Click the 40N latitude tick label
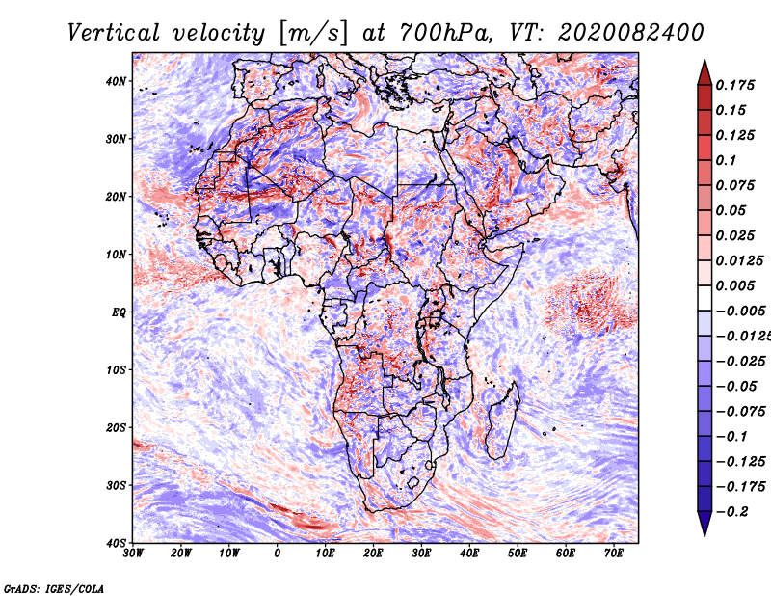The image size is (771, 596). (116, 81)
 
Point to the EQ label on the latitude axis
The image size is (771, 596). (119, 312)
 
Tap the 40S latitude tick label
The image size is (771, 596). (116, 543)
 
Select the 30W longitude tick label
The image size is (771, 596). (133, 554)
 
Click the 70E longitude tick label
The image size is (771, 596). (614, 554)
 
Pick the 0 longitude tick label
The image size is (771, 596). (278, 554)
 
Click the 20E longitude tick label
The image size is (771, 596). (373, 554)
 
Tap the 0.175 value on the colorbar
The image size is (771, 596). (735, 85)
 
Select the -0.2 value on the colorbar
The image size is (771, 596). (731, 512)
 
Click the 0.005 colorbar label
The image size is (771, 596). (735, 285)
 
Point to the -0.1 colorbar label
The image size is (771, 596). (731, 437)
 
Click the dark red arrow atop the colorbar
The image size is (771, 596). (705, 73)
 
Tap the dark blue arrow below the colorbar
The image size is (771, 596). (705, 524)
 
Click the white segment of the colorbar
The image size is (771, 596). (705, 298)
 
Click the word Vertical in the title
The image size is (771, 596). (114, 33)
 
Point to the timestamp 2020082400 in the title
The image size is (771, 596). (631, 33)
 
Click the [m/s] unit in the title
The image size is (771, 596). (313, 34)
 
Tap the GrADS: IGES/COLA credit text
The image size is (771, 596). (54, 588)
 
